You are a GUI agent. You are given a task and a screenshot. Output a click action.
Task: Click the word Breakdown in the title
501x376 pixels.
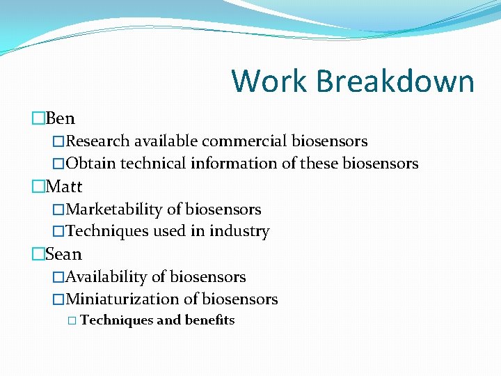click(395, 81)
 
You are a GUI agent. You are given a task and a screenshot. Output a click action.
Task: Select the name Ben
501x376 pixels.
click(60, 118)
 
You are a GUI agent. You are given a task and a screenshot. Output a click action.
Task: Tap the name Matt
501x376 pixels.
click(63, 187)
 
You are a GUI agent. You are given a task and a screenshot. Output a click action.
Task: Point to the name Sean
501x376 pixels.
click(63, 254)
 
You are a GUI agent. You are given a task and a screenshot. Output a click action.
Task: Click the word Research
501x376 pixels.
click(97, 141)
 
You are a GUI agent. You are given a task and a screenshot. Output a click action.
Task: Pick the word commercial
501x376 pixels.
click(244, 141)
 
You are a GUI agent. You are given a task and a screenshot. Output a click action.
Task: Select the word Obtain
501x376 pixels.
click(91, 164)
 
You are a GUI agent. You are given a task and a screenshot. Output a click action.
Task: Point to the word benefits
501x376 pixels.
click(209, 320)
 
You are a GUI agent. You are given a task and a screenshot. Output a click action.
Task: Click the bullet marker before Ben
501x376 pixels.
click(38, 119)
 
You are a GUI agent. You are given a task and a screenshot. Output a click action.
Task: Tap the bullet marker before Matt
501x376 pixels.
click(38, 187)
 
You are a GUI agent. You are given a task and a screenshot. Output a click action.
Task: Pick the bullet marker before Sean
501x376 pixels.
click(38, 255)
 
